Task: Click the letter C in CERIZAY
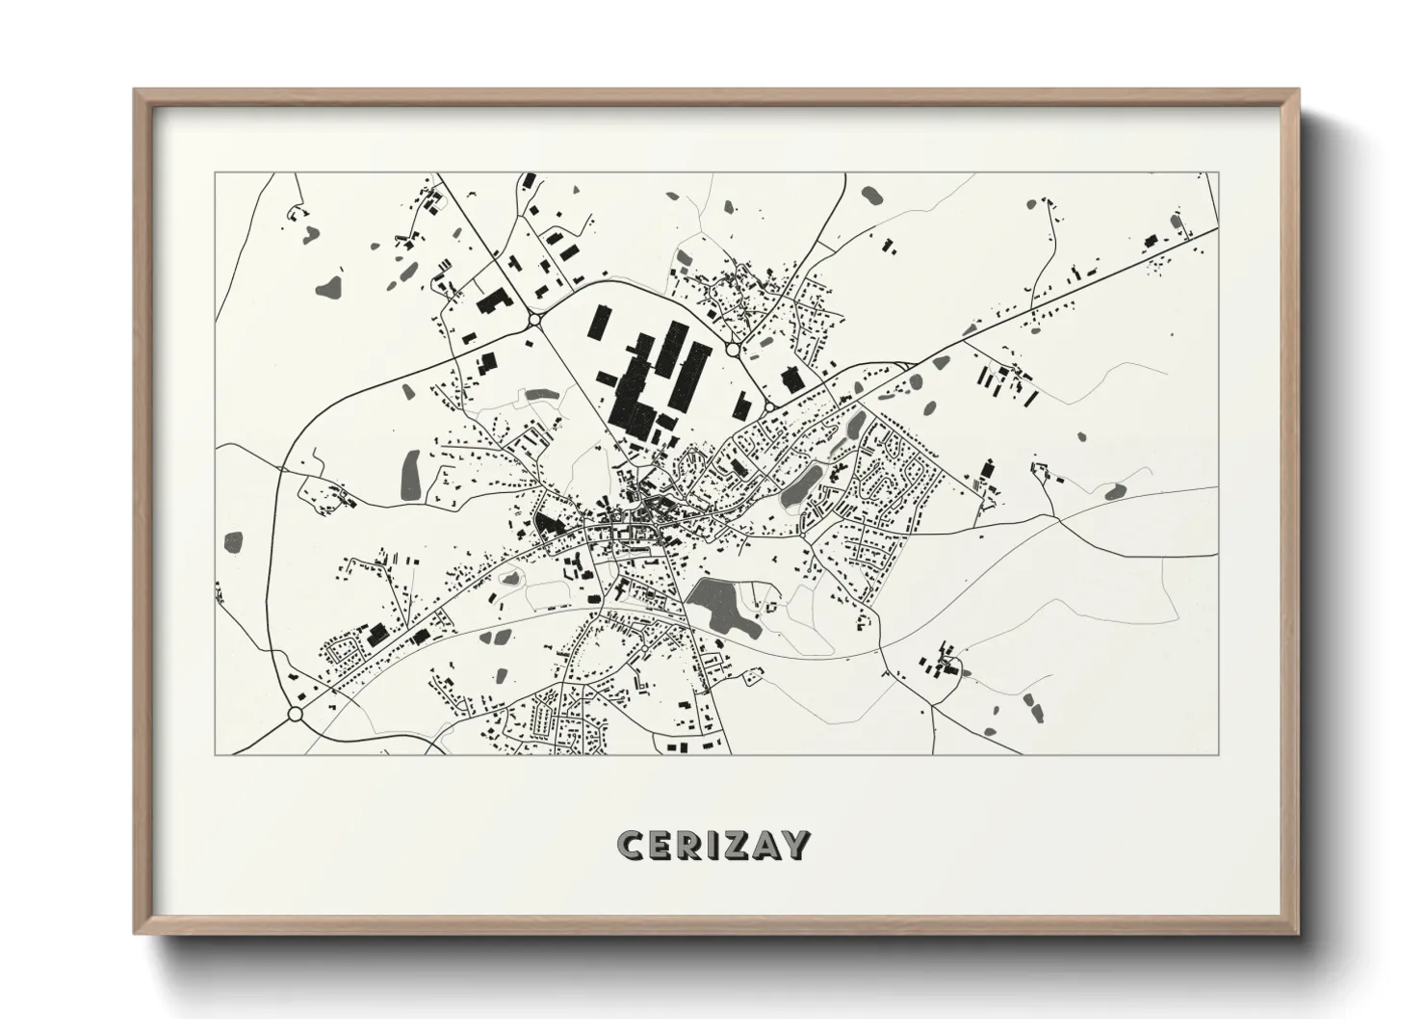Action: tap(632, 845)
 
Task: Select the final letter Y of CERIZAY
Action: tap(794, 845)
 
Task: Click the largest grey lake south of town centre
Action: tap(721, 606)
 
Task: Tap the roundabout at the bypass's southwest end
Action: tap(295, 715)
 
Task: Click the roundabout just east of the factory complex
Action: tap(734, 351)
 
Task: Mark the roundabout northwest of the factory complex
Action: tap(534, 320)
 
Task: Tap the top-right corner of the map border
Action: tap(1217, 173)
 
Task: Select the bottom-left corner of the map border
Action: tap(216, 754)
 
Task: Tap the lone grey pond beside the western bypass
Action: tap(234, 542)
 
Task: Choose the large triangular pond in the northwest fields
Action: tap(332, 285)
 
